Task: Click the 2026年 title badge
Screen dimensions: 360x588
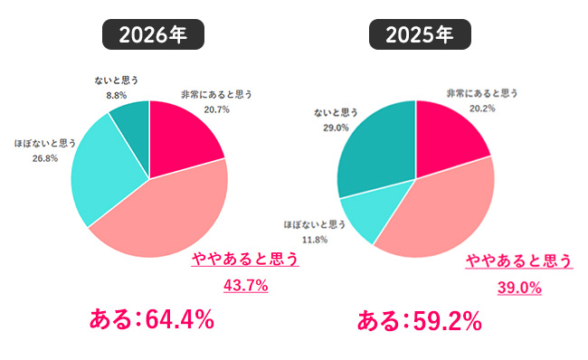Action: (152, 35)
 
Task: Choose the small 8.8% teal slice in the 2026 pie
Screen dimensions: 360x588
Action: (130, 118)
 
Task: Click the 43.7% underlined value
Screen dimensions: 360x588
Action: (245, 286)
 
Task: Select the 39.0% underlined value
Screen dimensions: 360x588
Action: (519, 288)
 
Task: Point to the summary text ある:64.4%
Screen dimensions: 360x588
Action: (151, 319)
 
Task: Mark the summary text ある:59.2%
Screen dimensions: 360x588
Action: (419, 320)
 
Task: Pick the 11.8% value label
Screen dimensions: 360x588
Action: (316, 239)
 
